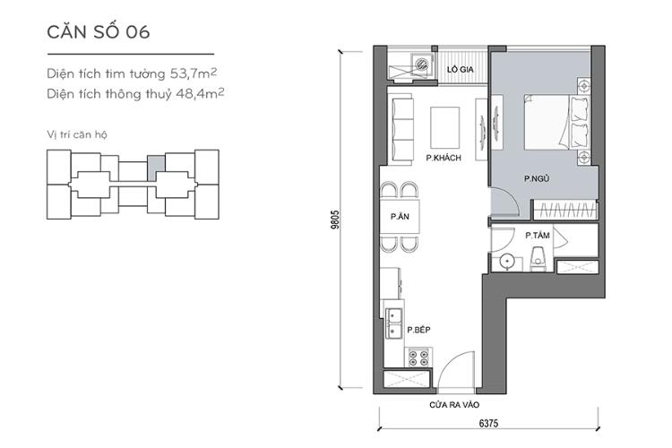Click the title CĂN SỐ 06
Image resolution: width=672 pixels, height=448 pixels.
[98, 33]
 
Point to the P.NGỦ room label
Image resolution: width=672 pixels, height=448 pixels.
[537, 179]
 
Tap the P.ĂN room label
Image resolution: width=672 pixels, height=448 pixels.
[400, 217]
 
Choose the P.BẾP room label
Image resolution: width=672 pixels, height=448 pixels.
[419, 331]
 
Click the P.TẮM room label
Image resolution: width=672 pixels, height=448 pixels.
[538, 236]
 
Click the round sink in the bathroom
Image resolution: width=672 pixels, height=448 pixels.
[507, 261]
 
